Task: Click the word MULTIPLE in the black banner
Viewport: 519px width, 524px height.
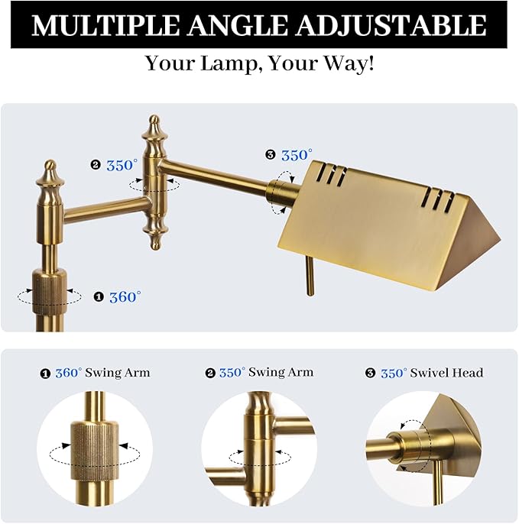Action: click(x=105, y=25)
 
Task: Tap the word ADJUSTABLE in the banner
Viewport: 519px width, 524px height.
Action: click(x=391, y=25)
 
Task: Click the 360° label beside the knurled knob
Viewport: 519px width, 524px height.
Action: click(x=125, y=296)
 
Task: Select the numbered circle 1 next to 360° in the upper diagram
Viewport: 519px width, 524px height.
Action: click(x=99, y=296)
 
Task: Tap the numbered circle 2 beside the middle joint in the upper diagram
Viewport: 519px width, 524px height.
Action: click(x=96, y=165)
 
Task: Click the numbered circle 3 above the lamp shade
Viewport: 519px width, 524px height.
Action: click(x=271, y=155)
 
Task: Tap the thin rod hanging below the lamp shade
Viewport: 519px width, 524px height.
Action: click(x=310, y=276)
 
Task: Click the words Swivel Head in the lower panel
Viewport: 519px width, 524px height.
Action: click(x=446, y=373)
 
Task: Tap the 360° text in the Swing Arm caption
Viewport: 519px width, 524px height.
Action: click(x=69, y=373)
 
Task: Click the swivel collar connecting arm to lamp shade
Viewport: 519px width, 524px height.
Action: click(x=281, y=192)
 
